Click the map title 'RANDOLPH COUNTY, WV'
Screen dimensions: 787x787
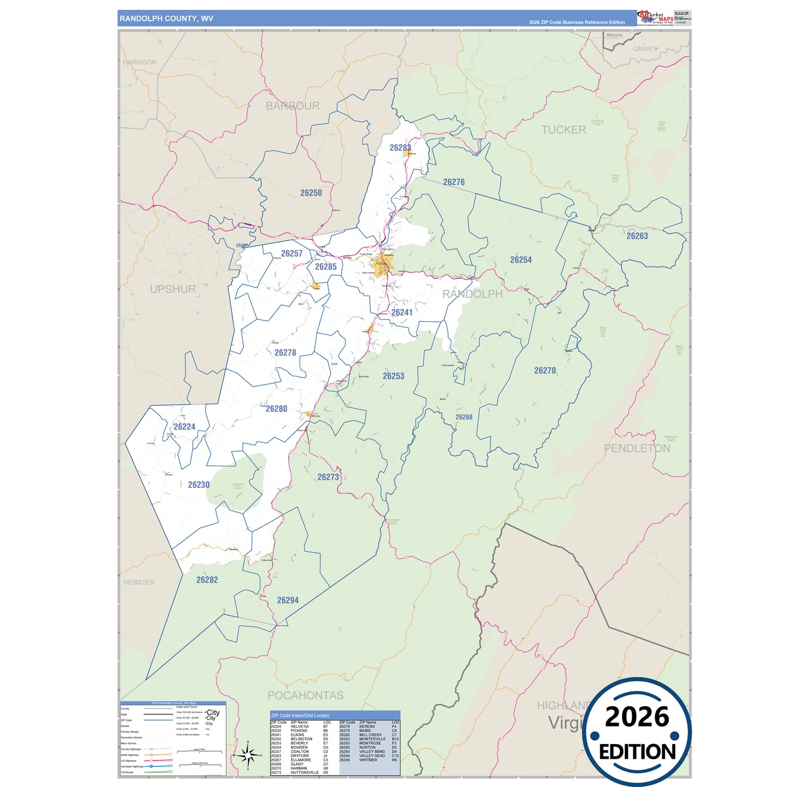[166, 19]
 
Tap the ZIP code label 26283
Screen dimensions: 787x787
[400, 148]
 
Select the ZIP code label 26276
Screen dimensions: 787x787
[454, 182]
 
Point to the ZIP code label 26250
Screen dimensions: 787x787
[311, 193]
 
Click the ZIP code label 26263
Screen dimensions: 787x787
[637, 236]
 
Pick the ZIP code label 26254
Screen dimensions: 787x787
[521, 260]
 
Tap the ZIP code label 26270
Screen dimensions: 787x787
[545, 370]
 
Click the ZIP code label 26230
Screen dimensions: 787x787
[199, 485]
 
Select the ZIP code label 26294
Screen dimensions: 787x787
[288, 600]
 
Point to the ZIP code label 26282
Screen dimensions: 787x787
[207, 580]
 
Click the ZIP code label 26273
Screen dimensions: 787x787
[328, 477]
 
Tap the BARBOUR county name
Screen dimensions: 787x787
[292, 106]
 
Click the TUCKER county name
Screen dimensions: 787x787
[564, 130]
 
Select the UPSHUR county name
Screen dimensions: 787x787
[173, 289]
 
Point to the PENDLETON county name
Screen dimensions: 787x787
[637, 448]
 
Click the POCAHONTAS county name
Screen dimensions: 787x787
[305, 696]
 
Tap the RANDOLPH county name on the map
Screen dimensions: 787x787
[472, 294]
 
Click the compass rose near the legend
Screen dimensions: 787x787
[248, 755]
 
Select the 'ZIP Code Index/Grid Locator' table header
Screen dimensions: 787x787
[300, 715]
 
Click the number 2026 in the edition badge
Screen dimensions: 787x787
[637, 717]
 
